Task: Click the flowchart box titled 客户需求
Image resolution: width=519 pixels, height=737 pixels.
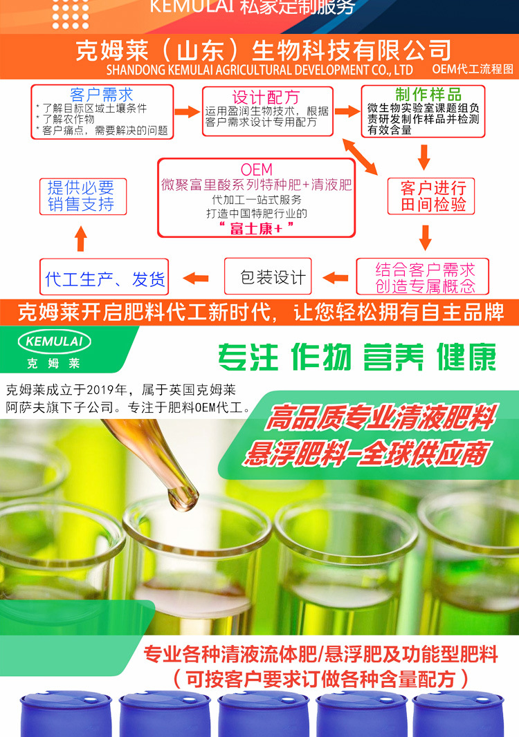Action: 102,112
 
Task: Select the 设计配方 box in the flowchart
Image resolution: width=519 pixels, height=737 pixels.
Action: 267,111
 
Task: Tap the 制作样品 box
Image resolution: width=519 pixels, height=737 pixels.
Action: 423,111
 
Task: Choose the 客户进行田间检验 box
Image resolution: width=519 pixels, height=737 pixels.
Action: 430,196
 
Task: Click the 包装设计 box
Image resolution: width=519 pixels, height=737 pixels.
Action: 268,277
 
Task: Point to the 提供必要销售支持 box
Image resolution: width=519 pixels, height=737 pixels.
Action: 83,196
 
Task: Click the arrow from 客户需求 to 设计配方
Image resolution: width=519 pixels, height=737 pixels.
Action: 188,112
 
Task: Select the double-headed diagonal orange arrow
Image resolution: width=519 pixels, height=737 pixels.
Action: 360,157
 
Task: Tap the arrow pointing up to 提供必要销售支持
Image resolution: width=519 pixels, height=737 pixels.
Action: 81,239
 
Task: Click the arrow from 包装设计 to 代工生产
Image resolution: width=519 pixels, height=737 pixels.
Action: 196,278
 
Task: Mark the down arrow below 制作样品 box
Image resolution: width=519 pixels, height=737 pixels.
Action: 424,157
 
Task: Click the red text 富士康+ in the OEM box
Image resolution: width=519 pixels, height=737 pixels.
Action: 257,228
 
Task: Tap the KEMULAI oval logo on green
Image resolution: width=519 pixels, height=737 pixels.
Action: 54,342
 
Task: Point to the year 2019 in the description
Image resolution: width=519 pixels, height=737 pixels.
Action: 107,390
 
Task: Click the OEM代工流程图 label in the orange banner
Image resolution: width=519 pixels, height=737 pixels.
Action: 473,69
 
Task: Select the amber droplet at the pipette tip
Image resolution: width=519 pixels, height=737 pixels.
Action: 182,500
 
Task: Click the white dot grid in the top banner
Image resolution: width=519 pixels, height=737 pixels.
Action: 71,15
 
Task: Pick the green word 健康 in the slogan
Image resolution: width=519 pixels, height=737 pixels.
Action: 466,357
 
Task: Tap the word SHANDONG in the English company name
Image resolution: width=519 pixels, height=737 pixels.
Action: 136,70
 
